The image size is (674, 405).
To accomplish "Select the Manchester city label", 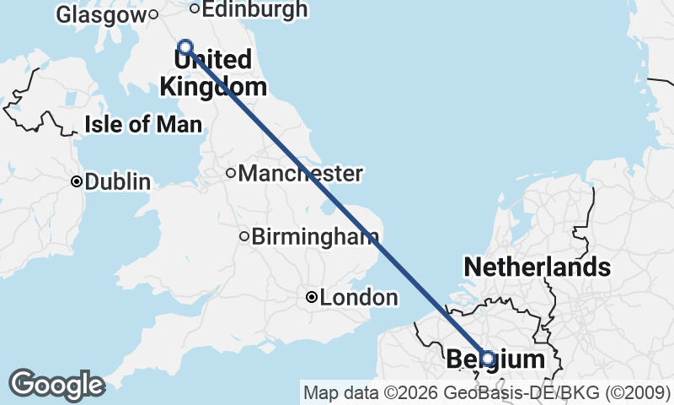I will tap(301, 174).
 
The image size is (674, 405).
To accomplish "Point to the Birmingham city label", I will tap(314, 236).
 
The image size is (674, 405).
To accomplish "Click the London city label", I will tap(359, 297).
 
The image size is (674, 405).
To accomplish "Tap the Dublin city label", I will tap(117, 181).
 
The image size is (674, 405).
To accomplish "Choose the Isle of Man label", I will tap(143, 126).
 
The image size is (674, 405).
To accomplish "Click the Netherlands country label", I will tap(537, 267).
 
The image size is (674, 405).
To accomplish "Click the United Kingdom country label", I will tap(213, 73).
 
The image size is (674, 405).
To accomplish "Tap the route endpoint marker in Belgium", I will tap(487, 359).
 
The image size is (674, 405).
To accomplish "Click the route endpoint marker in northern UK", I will tap(185, 47).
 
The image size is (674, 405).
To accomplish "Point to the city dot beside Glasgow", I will tap(153, 13).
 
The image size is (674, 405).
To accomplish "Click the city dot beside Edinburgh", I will tap(195, 9).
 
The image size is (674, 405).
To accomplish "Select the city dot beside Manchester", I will tap(231, 174).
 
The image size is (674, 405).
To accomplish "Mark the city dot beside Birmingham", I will tap(244, 236).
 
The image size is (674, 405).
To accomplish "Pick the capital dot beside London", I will tap(312, 297).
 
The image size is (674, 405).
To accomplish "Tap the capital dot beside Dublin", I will tap(77, 181).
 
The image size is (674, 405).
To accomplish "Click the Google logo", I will tap(56, 384).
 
